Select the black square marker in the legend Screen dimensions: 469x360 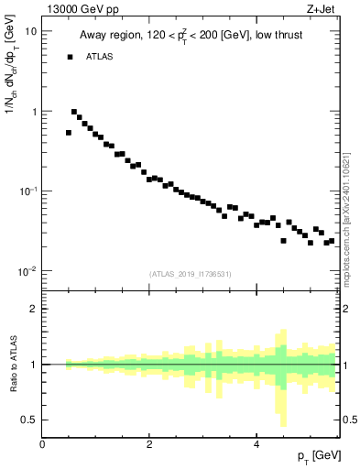point(69,57)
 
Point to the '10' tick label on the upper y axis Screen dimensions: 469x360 point(30,31)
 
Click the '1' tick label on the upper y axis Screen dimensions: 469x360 point(34,112)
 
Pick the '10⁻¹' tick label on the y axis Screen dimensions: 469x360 point(28,191)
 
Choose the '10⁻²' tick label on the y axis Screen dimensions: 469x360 point(28,271)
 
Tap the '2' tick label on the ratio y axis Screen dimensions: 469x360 point(34,309)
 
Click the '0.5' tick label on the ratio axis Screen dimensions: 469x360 point(29,420)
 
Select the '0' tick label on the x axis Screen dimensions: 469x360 point(42,444)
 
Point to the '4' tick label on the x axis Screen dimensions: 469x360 point(256,444)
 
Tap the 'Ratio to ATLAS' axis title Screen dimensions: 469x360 point(12,364)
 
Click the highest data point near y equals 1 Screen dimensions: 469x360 point(74,112)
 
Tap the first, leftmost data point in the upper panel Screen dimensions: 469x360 point(69,133)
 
